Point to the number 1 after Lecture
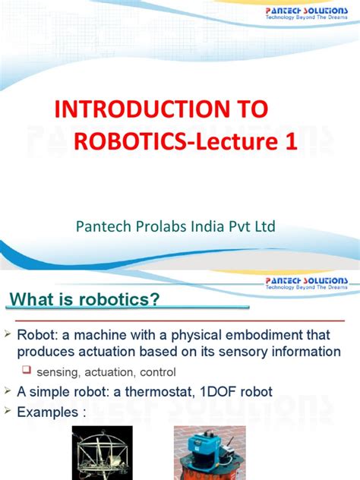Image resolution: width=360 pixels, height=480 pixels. (x=288, y=143)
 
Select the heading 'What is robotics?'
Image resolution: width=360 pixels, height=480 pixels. (x=84, y=299)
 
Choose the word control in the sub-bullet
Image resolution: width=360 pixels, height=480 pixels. (x=157, y=373)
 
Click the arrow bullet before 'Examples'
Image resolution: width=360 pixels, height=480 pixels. (x=8, y=412)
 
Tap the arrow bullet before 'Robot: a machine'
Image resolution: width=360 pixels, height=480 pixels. (x=8, y=334)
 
